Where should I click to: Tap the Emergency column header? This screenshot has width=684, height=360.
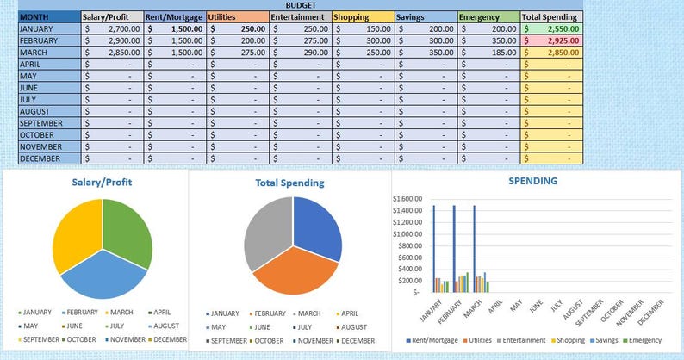pos(478,16)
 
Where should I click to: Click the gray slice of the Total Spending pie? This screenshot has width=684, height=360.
pos(267,228)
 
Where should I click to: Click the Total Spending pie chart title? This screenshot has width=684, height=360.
pos(289,183)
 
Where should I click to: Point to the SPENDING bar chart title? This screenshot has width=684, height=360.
pos(532,181)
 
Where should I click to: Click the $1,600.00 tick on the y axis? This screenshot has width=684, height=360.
pos(407,198)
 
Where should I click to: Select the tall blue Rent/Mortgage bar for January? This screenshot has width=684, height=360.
pos(434,249)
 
